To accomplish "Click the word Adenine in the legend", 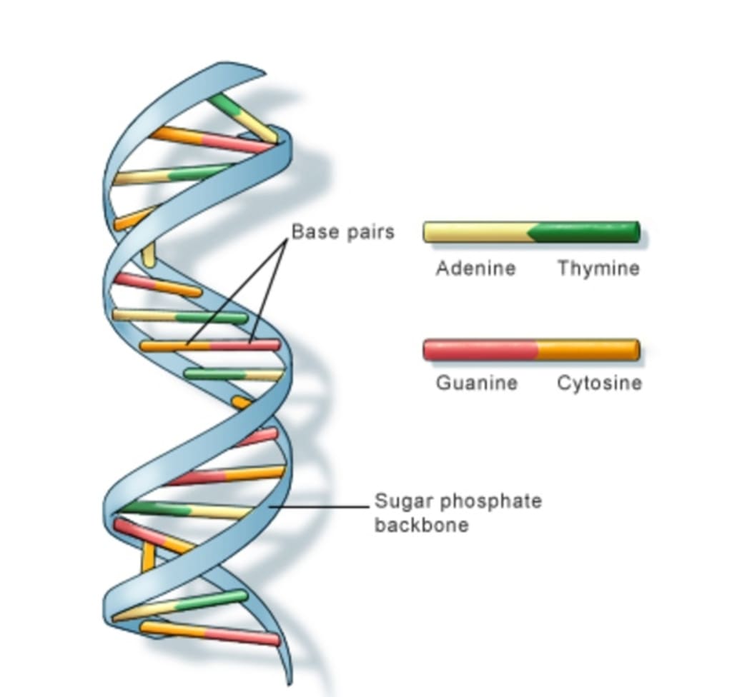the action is [x=475, y=269].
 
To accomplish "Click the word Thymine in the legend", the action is [x=598, y=269].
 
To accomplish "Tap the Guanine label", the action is [x=476, y=383].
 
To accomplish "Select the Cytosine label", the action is [x=599, y=383].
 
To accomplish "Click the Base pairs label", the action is [x=342, y=232].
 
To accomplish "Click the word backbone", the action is [x=422, y=526].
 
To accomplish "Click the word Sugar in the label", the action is [x=400, y=501].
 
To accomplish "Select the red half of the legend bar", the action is [x=479, y=350].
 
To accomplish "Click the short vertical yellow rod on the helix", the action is [x=148, y=255].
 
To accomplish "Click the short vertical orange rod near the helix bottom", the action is [x=148, y=556].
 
